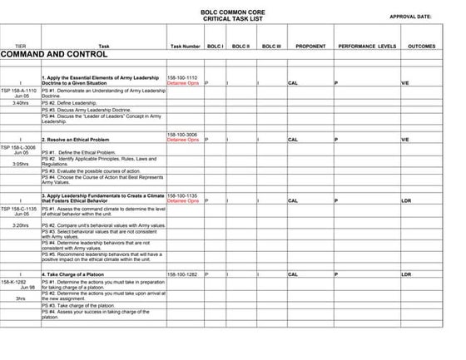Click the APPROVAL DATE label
[x=410, y=16]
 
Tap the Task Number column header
[x=184, y=46]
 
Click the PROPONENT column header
[x=310, y=46]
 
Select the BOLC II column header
[x=242, y=46]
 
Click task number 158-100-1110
[x=183, y=77]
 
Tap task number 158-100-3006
[x=183, y=135]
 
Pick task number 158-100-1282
[x=183, y=274]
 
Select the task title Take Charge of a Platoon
[x=81, y=274]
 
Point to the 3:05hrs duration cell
[x=21, y=164]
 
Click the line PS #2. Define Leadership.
[x=72, y=102]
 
